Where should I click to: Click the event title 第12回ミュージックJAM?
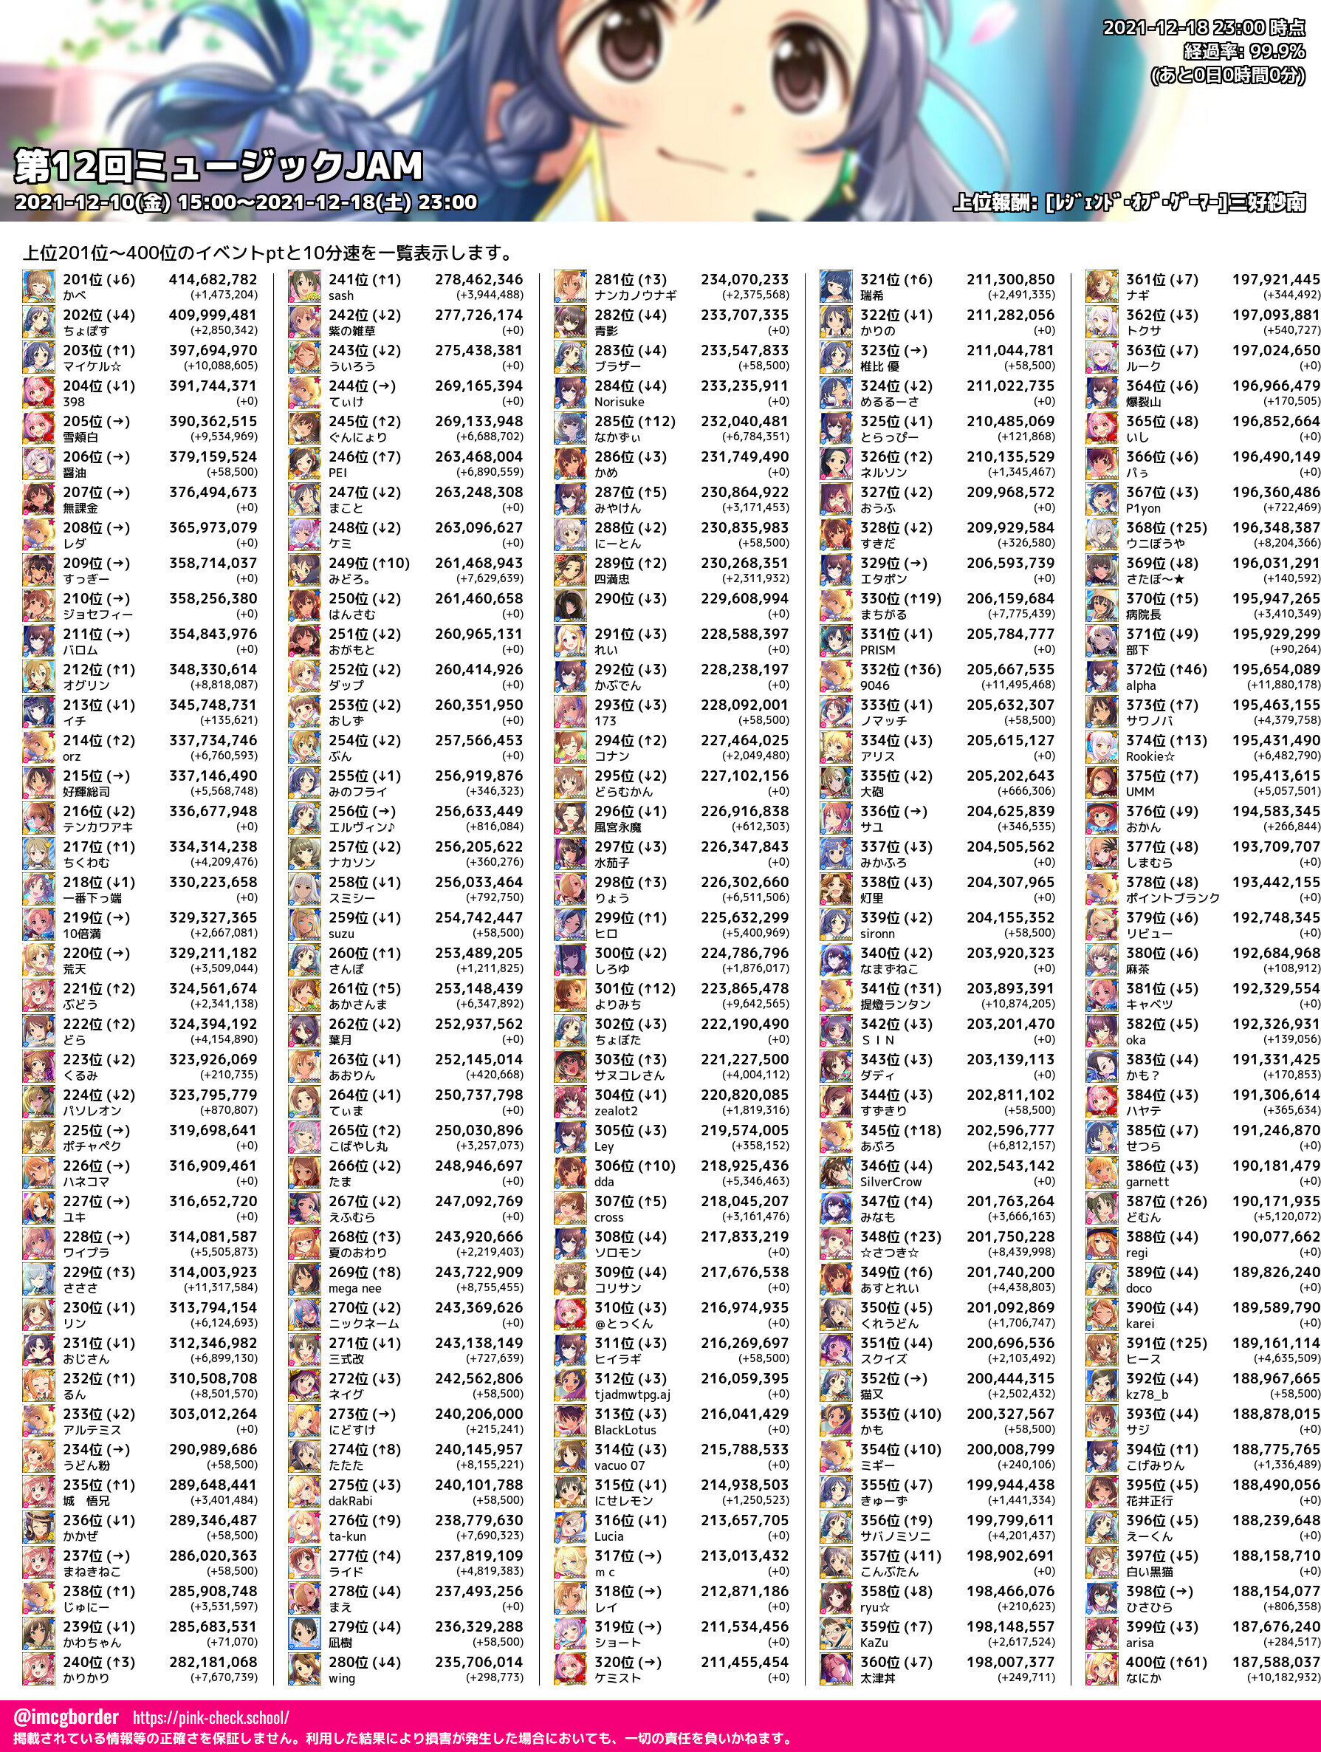pyautogui.click(x=219, y=166)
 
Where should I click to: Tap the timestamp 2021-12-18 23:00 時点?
pyautogui.click(x=1203, y=28)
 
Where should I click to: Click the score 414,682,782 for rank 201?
pyautogui.click(x=212, y=280)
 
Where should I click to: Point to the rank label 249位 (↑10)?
pyautogui.click(x=369, y=563)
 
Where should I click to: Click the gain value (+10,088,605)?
pyautogui.click(x=220, y=366)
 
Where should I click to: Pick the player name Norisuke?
pyautogui.click(x=620, y=402)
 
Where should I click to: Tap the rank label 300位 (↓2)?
pyautogui.click(x=631, y=953)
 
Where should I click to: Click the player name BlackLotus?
pyautogui.click(x=625, y=1430)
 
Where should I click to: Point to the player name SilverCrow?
pyautogui.click(x=891, y=1182)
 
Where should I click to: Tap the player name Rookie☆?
pyautogui.click(x=1150, y=756)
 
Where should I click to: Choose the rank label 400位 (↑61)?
pyautogui.click(x=1166, y=1663)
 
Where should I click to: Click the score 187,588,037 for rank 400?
pyautogui.click(x=1275, y=1663)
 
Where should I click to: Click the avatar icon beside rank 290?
pyautogui.click(x=569, y=606)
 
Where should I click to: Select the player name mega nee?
pyautogui.click(x=354, y=1288)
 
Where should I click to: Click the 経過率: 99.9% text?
pyautogui.click(x=1243, y=52)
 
